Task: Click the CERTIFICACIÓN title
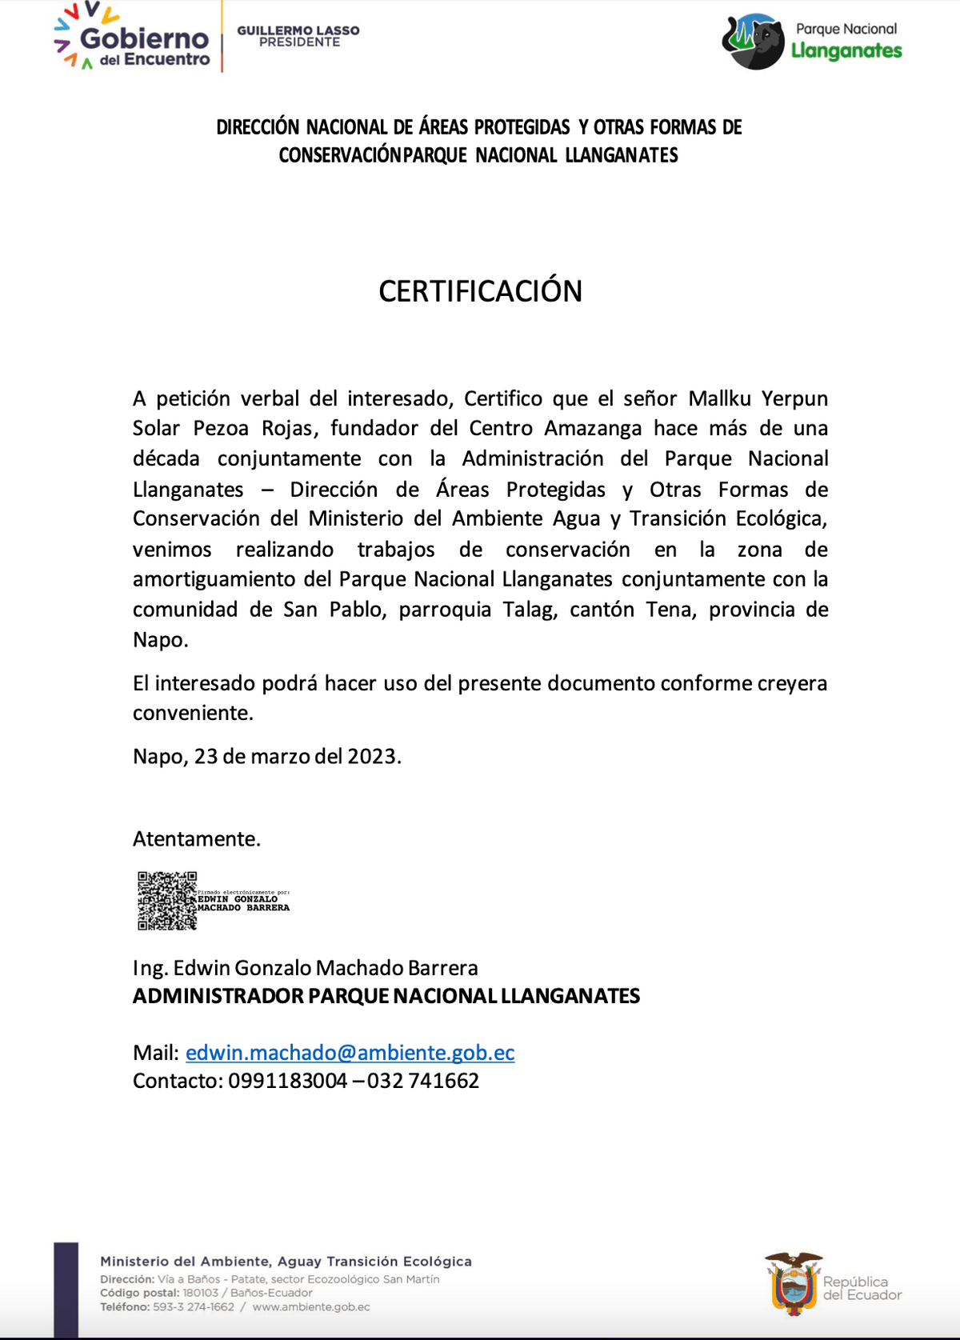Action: (x=480, y=291)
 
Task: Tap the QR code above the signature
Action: (x=166, y=901)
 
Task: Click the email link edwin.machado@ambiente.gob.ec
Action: (x=350, y=1052)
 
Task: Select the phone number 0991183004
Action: (x=288, y=1081)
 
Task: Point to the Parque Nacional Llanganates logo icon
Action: (x=753, y=42)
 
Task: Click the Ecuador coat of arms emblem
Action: (x=793, y=1283)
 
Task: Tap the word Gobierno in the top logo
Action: (x=144, y=38)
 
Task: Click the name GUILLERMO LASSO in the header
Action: (x=298, y=30)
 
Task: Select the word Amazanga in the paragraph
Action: (x=593, y=428)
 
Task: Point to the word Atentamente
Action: (x=197, y=838)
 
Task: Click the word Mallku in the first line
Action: (x=719, y=398)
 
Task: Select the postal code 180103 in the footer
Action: (x=200, y=1293)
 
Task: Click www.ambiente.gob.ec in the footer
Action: (x=311, y=1307)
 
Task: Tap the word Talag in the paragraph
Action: (x=530, y=610)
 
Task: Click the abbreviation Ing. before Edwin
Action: (x=150, y=968)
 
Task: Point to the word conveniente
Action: (x=193, y=713)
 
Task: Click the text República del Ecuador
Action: (x=862, y=1288)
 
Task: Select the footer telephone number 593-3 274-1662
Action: (x=194, y=1307)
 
